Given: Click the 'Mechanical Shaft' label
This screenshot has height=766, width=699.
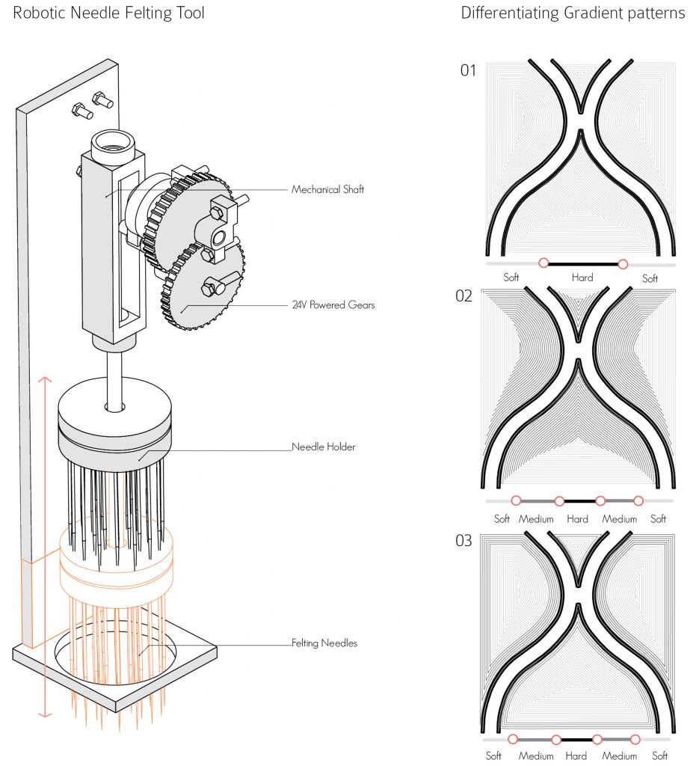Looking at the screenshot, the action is [x=327, y=189].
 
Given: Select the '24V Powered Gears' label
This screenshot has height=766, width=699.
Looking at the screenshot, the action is [x=333, y=305].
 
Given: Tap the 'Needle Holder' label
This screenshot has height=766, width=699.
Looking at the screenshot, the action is [x=323, y=447].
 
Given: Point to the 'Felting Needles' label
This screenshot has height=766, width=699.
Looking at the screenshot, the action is [x=324, y=643].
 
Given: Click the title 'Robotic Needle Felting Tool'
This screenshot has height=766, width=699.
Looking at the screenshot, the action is [x=108, y=13].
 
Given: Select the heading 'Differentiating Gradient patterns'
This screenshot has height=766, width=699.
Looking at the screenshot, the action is [x=573, y=13].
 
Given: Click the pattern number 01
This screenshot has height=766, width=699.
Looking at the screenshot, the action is [x=468, y=70].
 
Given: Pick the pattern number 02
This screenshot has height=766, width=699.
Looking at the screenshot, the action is [x=464, y=296].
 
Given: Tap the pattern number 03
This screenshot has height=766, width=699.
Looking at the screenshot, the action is [x=464, y=541].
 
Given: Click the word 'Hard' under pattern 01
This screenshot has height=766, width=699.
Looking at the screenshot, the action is [x=582, y=278].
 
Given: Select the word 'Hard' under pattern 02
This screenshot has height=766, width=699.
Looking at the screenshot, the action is [x=577, y=519].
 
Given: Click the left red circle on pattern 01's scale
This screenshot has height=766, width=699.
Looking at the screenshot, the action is [x=544, y=263].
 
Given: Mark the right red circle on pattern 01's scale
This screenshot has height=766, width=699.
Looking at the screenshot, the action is [x=623, y=264].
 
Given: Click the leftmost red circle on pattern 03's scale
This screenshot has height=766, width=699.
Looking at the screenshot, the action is [x=513, y=739].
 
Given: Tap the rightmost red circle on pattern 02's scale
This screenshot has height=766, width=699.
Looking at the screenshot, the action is [x=638, y=500].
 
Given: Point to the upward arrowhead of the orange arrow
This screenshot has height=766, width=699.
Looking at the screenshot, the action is [x=45, y=379].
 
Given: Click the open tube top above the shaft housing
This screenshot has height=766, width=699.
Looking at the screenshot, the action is [x=113, y=141].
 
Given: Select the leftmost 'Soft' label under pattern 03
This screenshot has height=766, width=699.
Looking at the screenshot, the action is [x=493, y=756].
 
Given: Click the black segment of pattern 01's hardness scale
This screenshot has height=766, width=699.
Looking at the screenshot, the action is [x=583, y=264].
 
